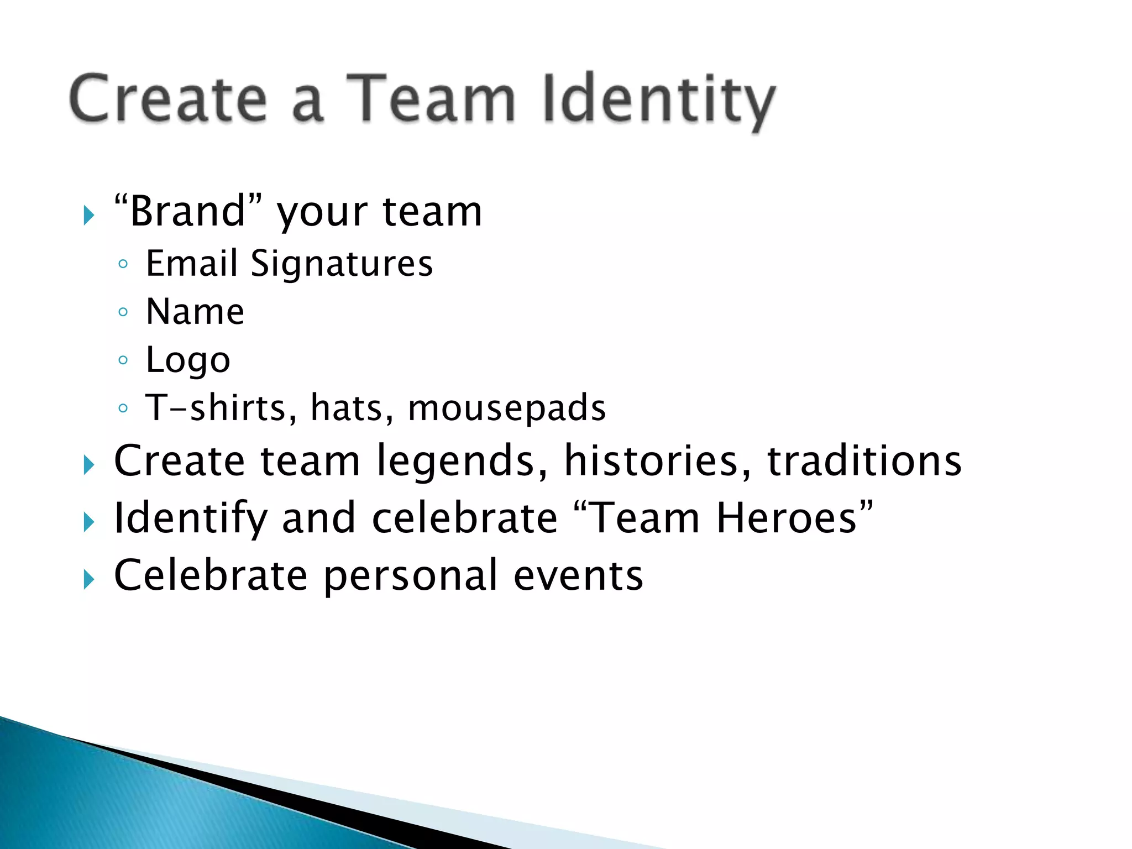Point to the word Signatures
tap(342, 264)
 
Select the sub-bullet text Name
tap(195, 312)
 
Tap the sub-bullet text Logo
tap(188, 360)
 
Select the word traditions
tap(864, 461)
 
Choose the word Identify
tap(190, 519)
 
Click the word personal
tap(411, 576)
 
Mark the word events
tap(578, 576)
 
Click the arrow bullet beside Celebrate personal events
tap(89, 580)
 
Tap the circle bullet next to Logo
tap(123, 360)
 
